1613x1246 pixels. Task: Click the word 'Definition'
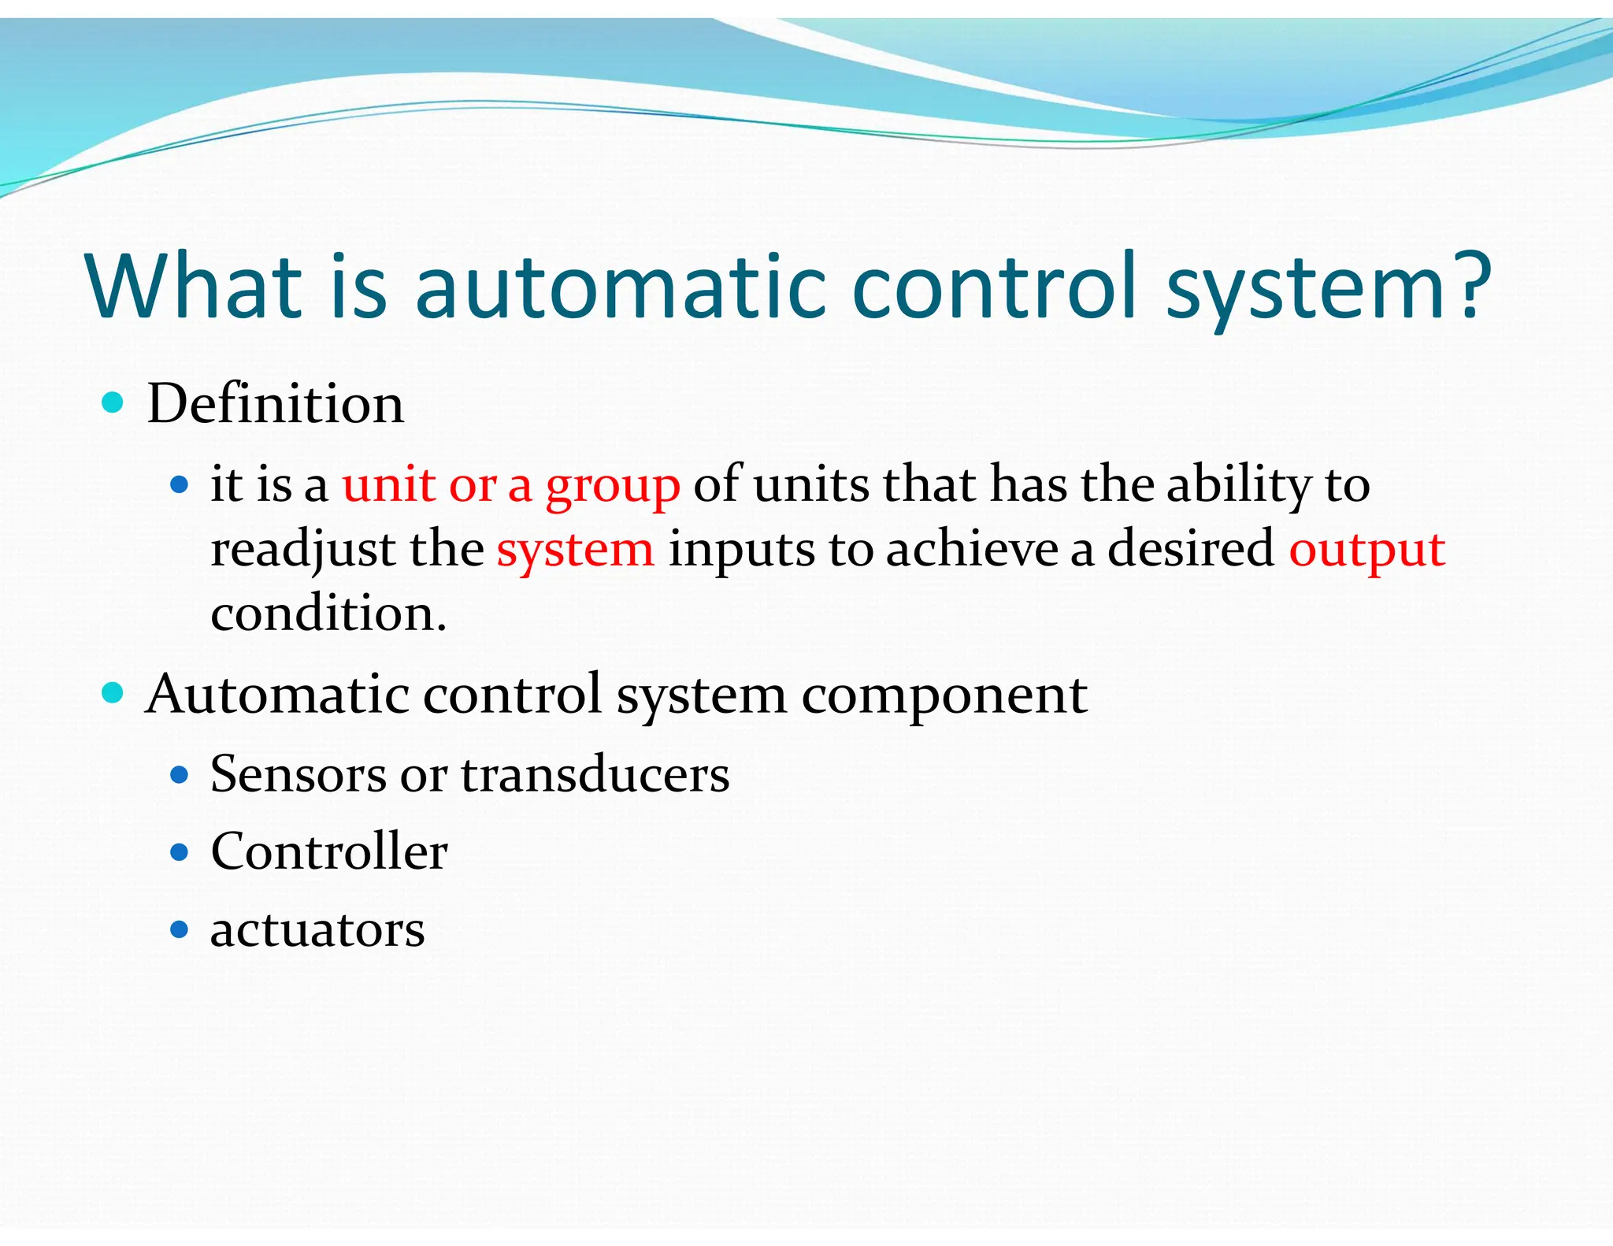tap(275, 404)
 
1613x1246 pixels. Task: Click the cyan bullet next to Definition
tap(113, 403)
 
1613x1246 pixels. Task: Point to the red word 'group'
tap(613, 487)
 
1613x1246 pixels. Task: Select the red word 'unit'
tap(388, 484)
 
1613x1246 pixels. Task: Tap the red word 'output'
tap(1366, 551)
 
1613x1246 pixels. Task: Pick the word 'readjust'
tap(303, 551)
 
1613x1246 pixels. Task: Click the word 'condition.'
tap(328, 614)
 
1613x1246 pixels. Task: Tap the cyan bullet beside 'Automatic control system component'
tap(113, 693)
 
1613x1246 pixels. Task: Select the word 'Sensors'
tap(298, 774)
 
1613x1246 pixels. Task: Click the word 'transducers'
tap(595, 774)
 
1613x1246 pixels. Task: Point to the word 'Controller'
tap(329, 852)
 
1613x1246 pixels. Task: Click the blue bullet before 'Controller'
tap(180, 852)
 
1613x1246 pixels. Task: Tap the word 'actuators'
tap(317, 930)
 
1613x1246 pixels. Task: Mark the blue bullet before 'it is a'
tap(180, 484)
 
